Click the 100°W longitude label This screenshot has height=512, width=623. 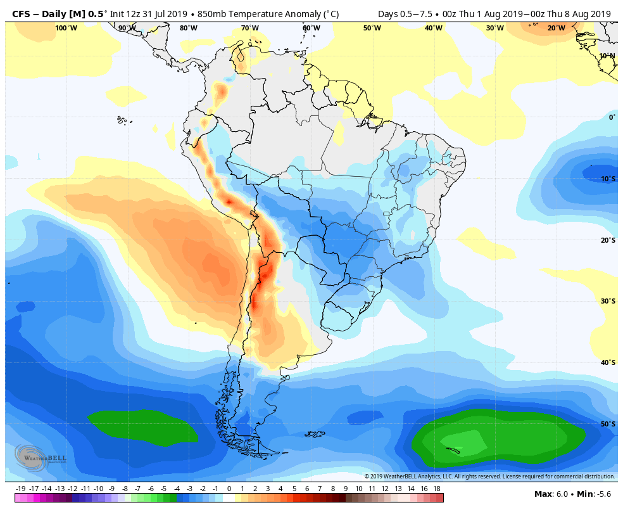click(66, 28)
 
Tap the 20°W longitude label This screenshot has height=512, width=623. click(556, 28)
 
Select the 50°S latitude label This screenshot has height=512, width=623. click(607, 424)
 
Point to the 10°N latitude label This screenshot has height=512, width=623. click(607, 56)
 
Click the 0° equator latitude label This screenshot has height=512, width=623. click(612, 117)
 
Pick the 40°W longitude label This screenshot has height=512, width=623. click(433, 28)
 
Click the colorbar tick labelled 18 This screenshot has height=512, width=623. click(436, 489)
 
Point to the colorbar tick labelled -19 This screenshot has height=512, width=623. click(20, 489)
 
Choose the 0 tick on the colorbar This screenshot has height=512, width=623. click(229, 489)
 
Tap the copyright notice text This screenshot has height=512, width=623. click(489, 477)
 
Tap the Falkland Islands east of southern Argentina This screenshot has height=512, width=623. click(315, 434)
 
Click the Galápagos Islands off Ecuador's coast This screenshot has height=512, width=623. click(122, 119)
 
